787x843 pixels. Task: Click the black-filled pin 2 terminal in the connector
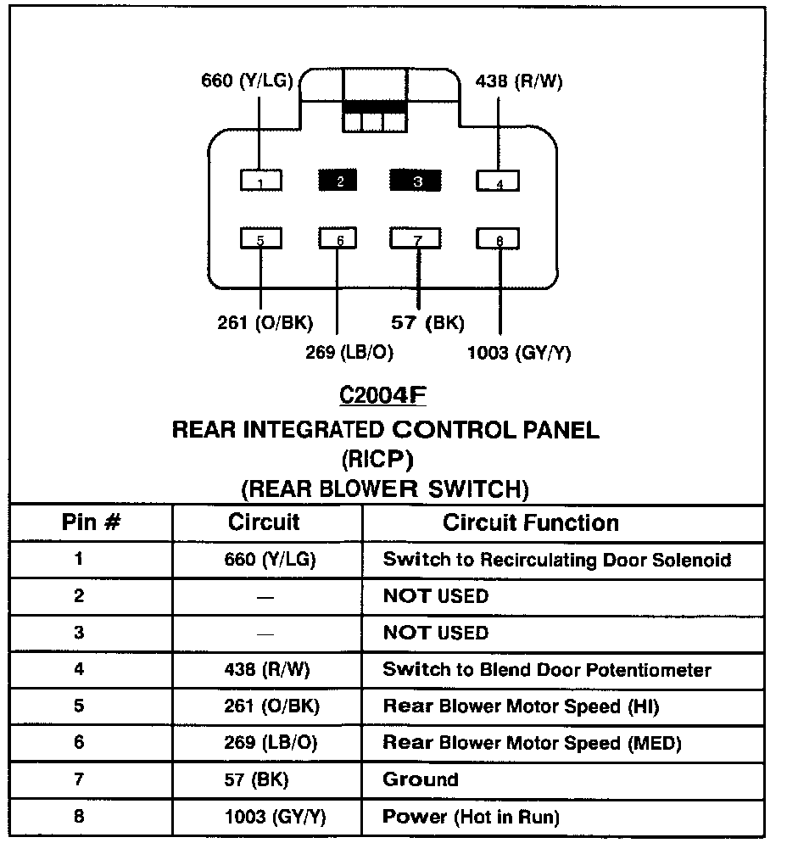point(338,181)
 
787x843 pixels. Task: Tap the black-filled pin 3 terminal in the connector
point(416,181)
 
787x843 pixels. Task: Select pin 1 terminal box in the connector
point(260,181)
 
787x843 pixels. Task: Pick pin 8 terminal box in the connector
point(499,239)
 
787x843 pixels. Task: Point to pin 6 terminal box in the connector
point(338,239)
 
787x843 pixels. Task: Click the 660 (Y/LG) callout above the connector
point(247,81)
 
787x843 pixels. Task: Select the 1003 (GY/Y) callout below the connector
point(518,353)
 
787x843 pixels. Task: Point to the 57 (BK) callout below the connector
point(427,323)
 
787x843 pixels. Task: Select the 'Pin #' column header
point(89,522)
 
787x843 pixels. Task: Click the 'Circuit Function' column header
point(530,522)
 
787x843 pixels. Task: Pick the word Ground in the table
point(421,779)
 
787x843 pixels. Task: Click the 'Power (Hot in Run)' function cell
point(471,817)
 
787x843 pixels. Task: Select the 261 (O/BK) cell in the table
point(270,706)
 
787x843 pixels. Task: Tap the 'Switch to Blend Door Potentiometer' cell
point(547,669)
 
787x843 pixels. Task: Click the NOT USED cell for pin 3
point(436,633)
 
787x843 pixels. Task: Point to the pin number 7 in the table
point(79,779)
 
